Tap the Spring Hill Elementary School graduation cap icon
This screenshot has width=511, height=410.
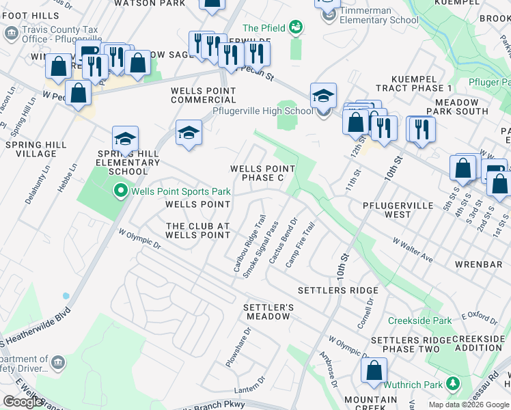tap(125, 139)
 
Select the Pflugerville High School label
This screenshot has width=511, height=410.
tap(262, 111)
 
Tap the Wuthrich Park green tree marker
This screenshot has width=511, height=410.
tap(451, 385)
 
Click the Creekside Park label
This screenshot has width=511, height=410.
tap(420, 320)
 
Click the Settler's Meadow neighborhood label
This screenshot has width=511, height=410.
tap(268, 312)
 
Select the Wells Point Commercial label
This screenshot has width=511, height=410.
tap(203, 95)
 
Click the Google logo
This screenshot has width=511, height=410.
tap(23, 402)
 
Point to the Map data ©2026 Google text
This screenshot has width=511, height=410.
tap(468, 405)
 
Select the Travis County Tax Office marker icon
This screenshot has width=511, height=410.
tap(11, 33)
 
